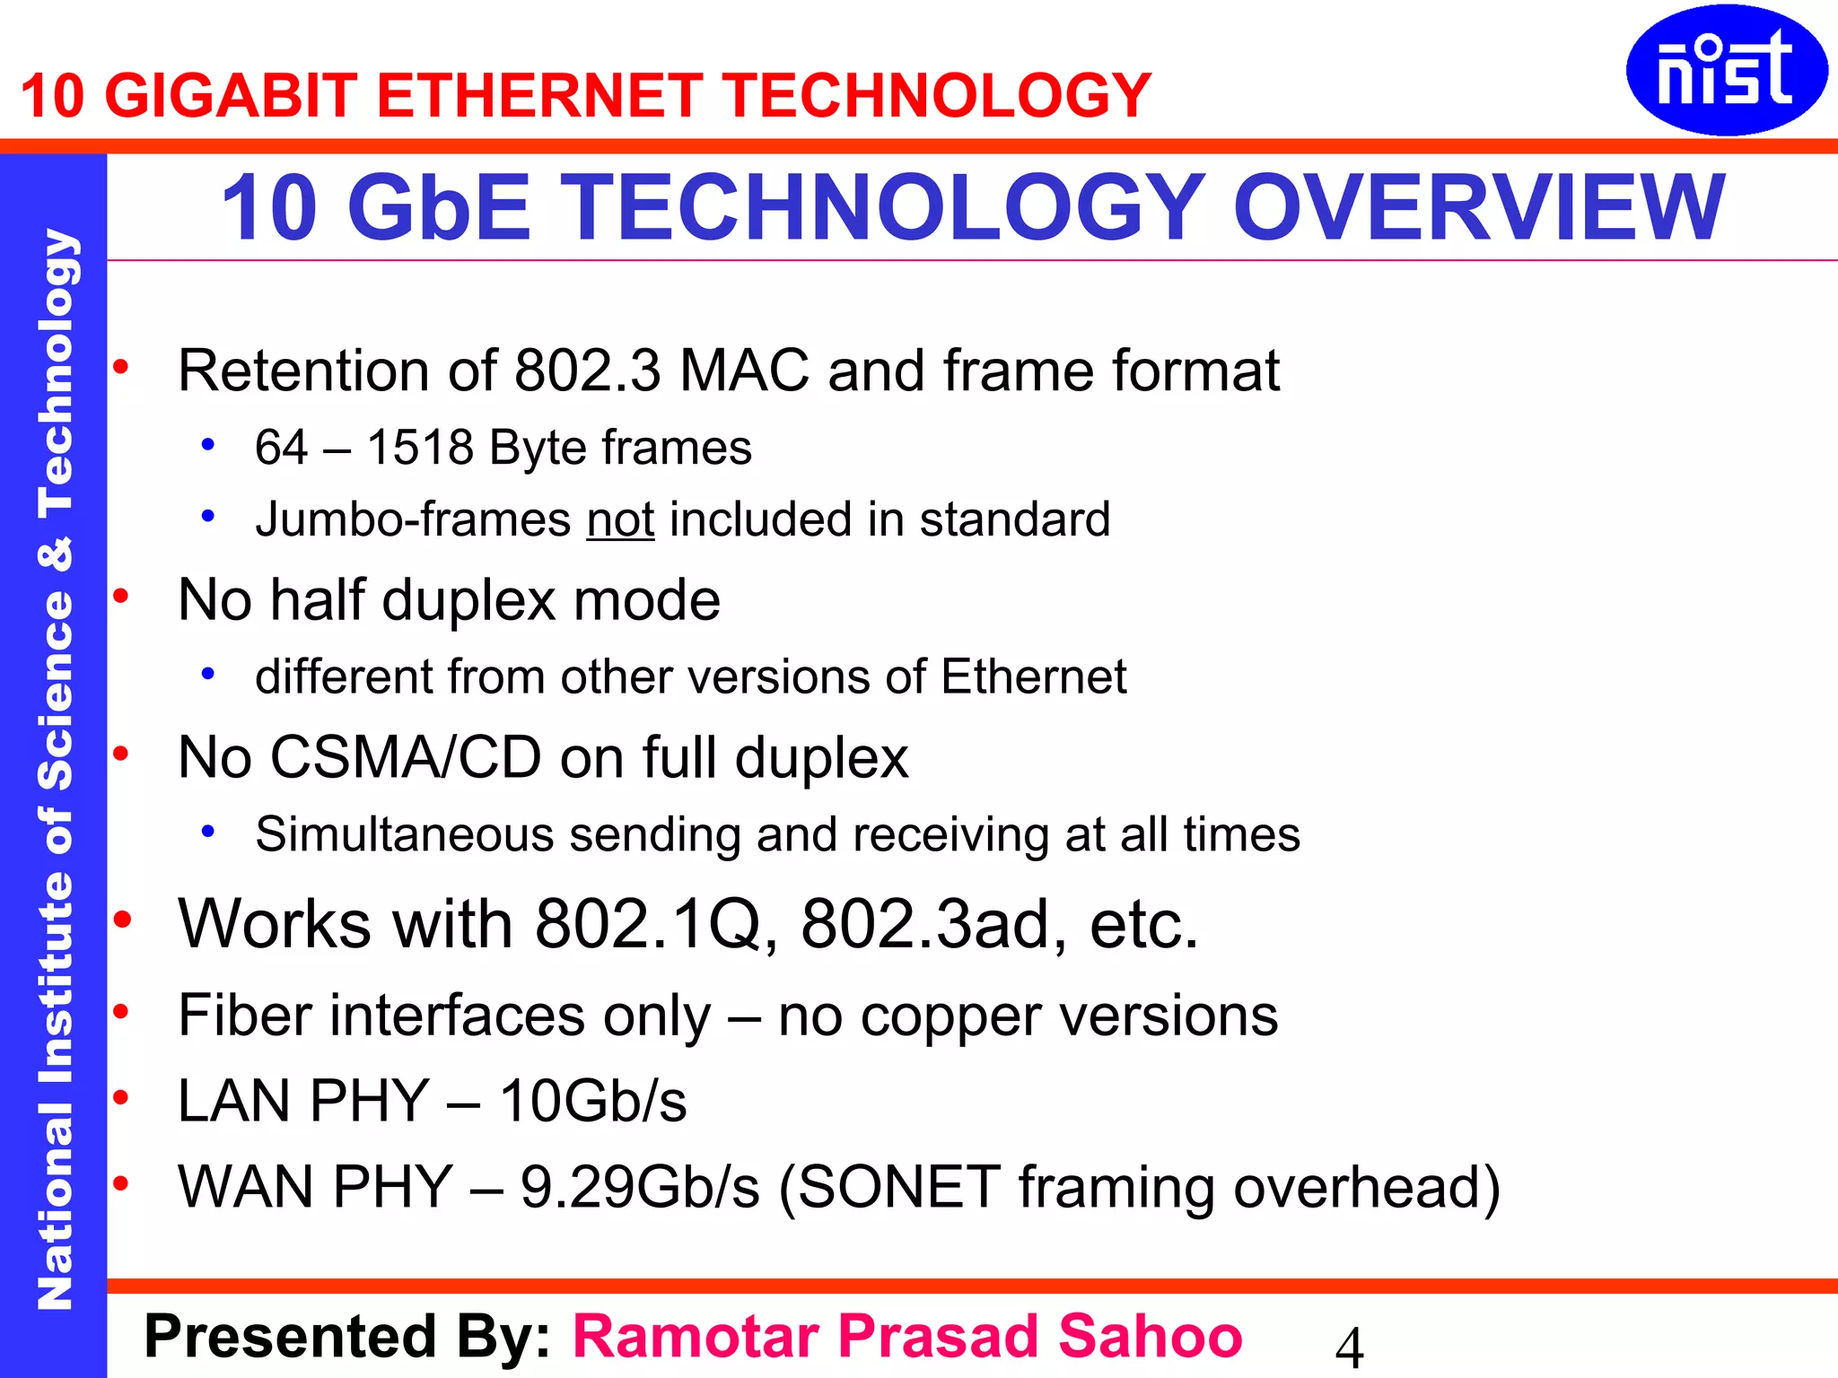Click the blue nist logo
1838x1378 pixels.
pos(1726,71)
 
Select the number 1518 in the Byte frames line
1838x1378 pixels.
pos(420,448)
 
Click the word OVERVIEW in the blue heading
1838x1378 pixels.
pos(1479,208)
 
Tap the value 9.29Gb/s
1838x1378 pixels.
pos(640,1187)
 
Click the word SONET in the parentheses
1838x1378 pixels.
pos(899,1187)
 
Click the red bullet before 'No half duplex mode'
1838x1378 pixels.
pos(121,596)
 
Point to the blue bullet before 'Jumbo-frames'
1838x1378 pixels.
pos(208,516)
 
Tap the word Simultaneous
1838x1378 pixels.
pos(405,835)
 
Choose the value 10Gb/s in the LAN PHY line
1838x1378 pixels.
pos(593,1101)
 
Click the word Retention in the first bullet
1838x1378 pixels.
pos(303,371)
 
